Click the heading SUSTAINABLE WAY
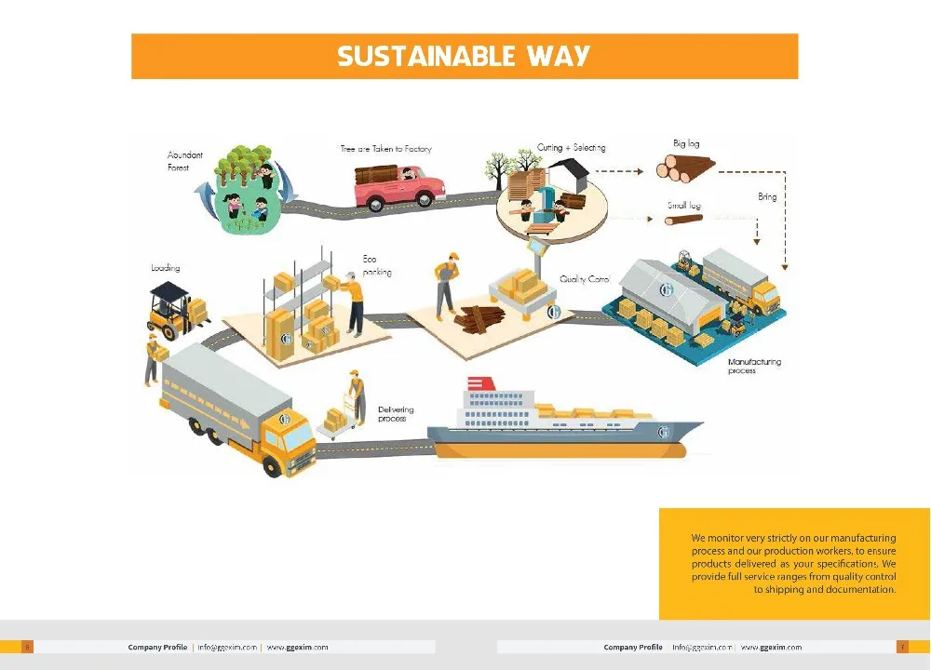point(464,56)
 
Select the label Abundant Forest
point(184,161)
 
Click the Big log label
point(686,143)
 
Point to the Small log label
point(683,206)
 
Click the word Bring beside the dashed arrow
point(767,197)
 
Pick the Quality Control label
point(585,279)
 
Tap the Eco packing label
point(377,265)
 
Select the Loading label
point(166,268)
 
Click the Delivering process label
point(396,414)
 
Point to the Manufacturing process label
point(754,366)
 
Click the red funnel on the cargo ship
point(480,382)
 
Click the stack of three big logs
point(684,168)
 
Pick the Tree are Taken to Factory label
point(385,149)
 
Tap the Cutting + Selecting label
point(571,148)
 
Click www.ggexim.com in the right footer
point(771,647)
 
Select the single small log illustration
point(683,221)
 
